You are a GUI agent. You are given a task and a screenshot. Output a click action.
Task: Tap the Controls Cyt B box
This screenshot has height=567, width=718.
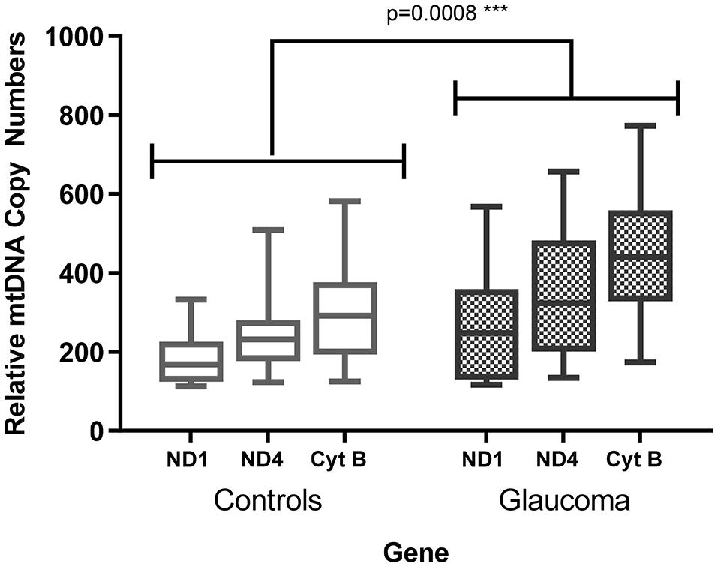[345, 317]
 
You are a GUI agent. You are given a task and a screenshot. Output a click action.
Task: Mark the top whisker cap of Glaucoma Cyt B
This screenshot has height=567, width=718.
[645, 126]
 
